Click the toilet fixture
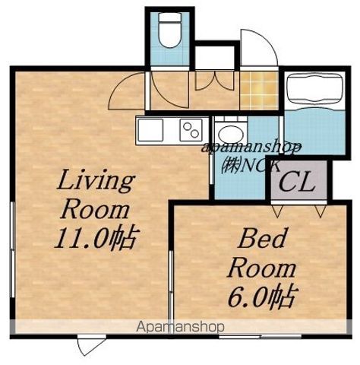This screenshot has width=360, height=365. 169,30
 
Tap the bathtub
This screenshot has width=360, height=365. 314,90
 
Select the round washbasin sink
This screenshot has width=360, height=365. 231,134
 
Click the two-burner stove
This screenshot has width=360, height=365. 191,130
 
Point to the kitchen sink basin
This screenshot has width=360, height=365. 150,130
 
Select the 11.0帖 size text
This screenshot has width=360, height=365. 96,239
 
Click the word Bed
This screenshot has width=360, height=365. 262,238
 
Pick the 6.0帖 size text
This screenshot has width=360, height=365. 261,297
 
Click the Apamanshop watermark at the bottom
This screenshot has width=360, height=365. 180,327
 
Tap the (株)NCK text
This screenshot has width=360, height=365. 251,166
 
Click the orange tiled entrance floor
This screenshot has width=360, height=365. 259,90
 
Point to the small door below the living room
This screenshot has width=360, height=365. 92,344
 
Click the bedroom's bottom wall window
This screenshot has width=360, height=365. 261,337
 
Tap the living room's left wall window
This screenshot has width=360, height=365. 12,249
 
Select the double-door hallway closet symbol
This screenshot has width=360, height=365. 215,81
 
